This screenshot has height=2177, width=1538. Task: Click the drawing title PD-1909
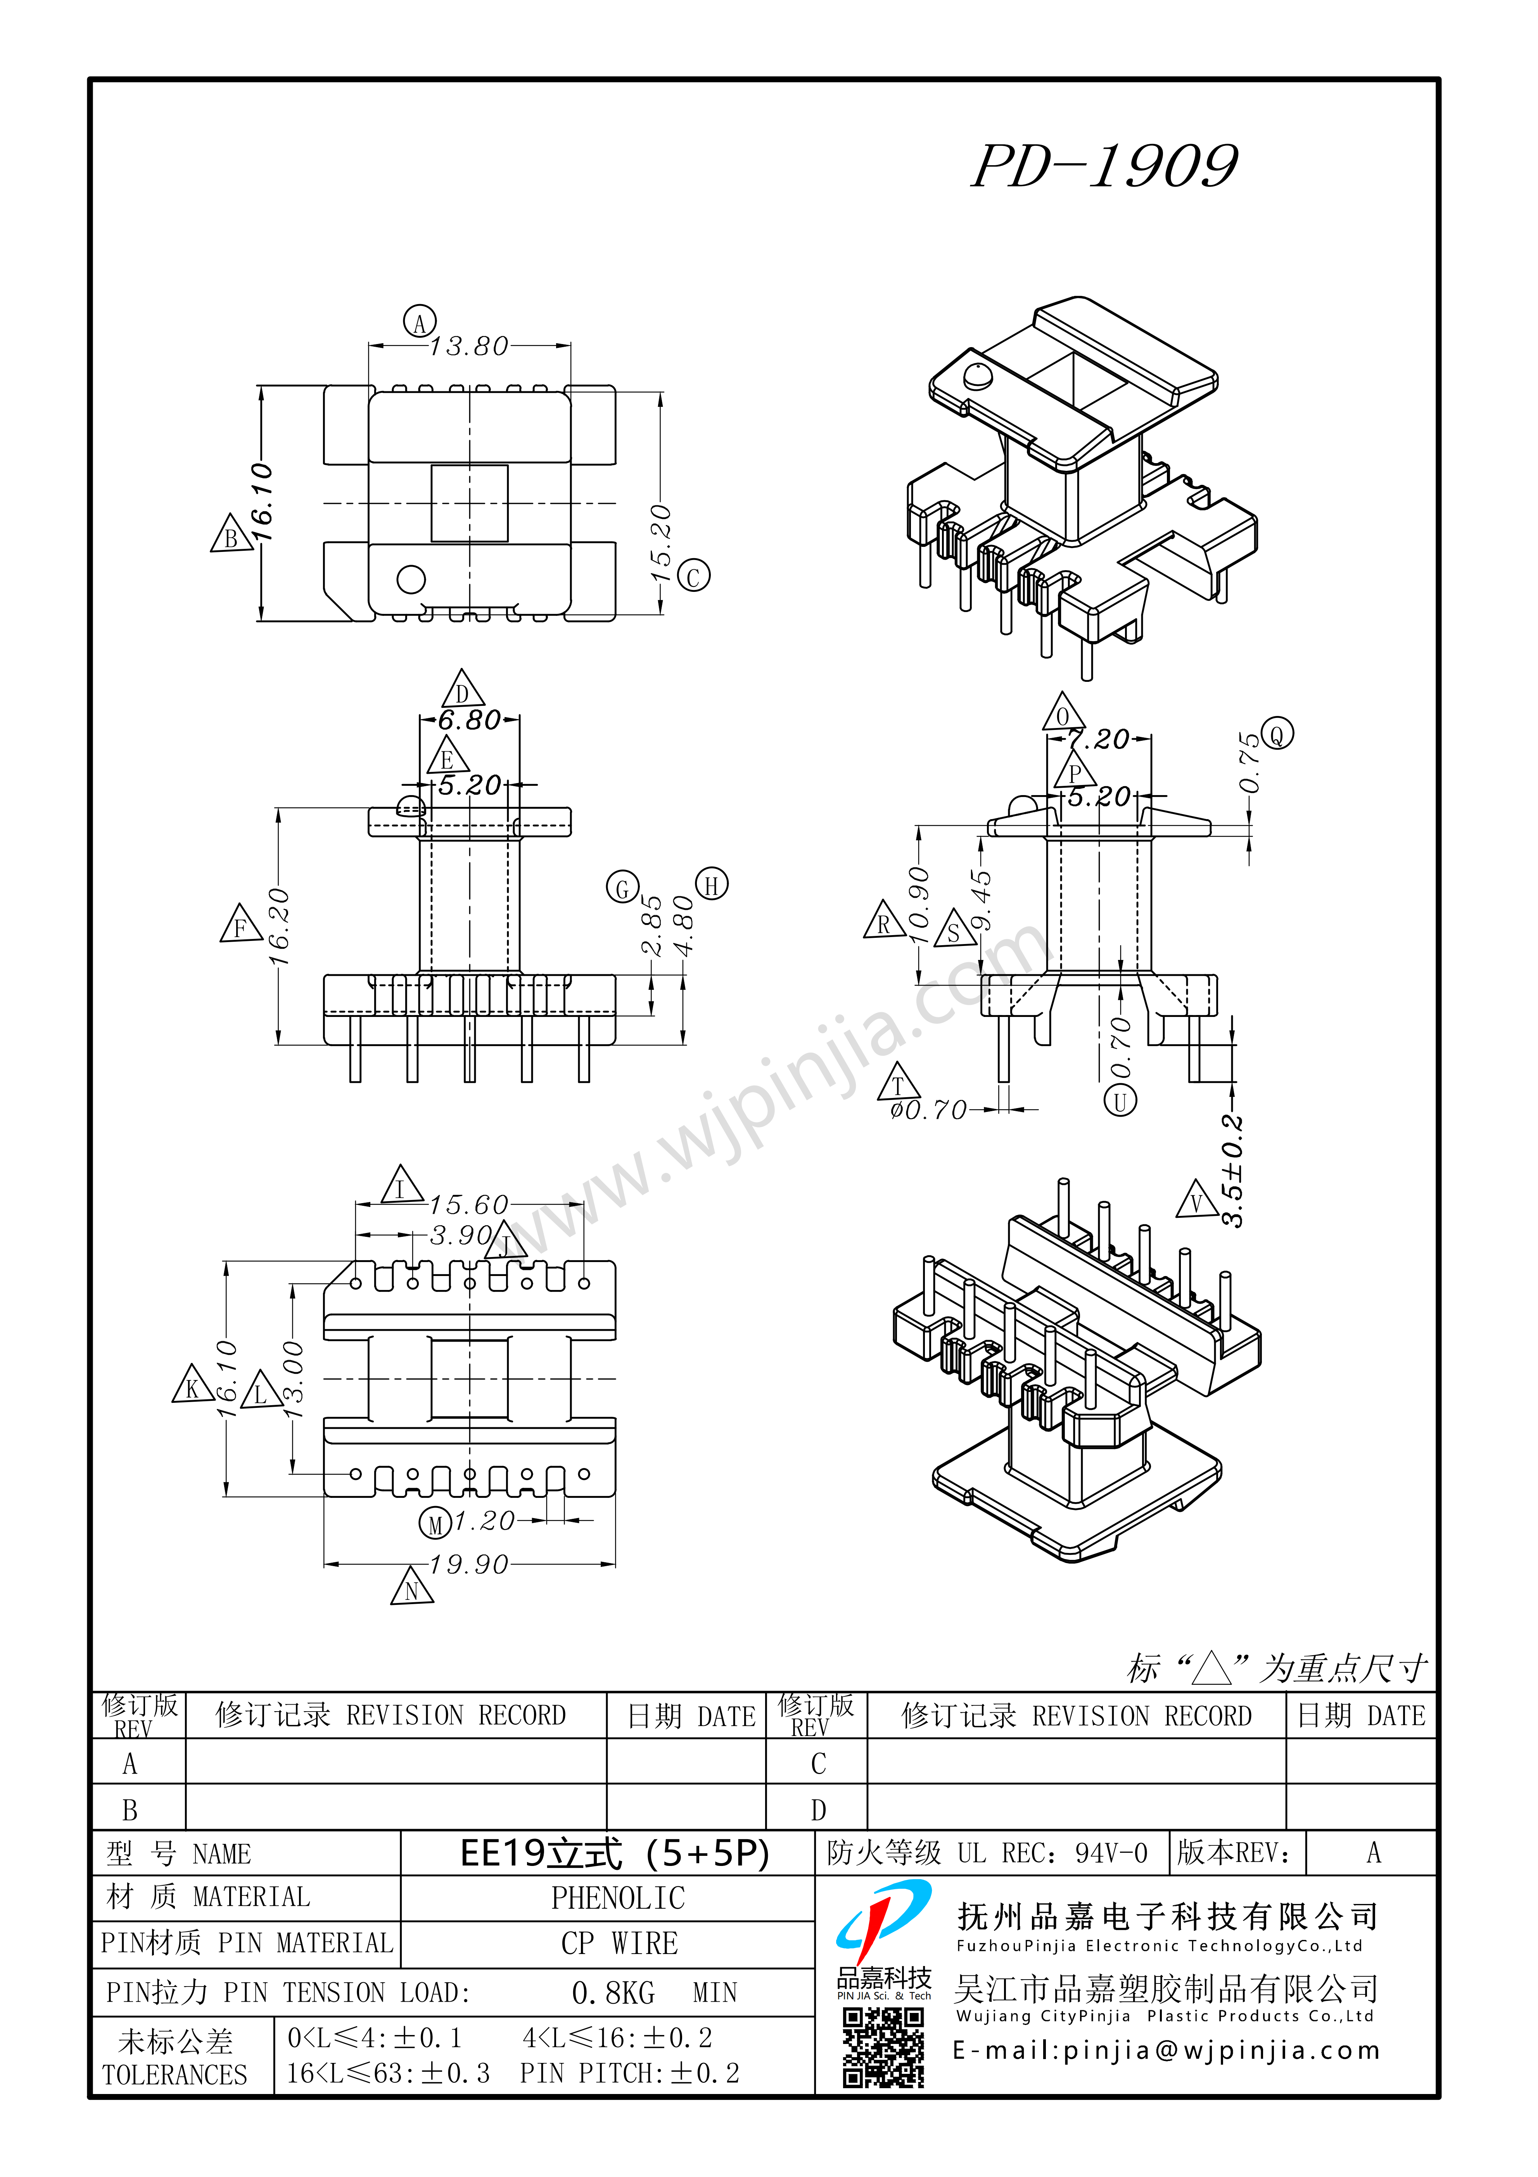tap(1105, 166)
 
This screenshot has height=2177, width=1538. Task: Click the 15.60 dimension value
tap(468, 1205)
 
